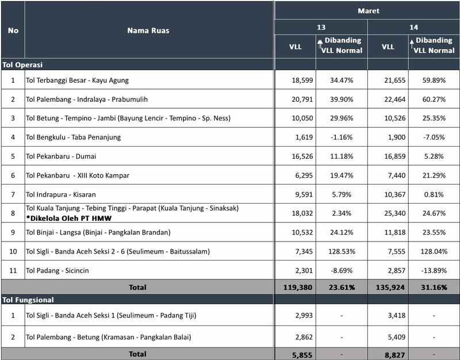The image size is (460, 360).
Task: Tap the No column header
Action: (13, 30)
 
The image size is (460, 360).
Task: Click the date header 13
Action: (321, 27)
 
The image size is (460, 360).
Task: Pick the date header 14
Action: (413, 27)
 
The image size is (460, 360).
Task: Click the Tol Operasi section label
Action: (24, 65)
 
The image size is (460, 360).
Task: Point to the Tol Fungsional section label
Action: (29, 300)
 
